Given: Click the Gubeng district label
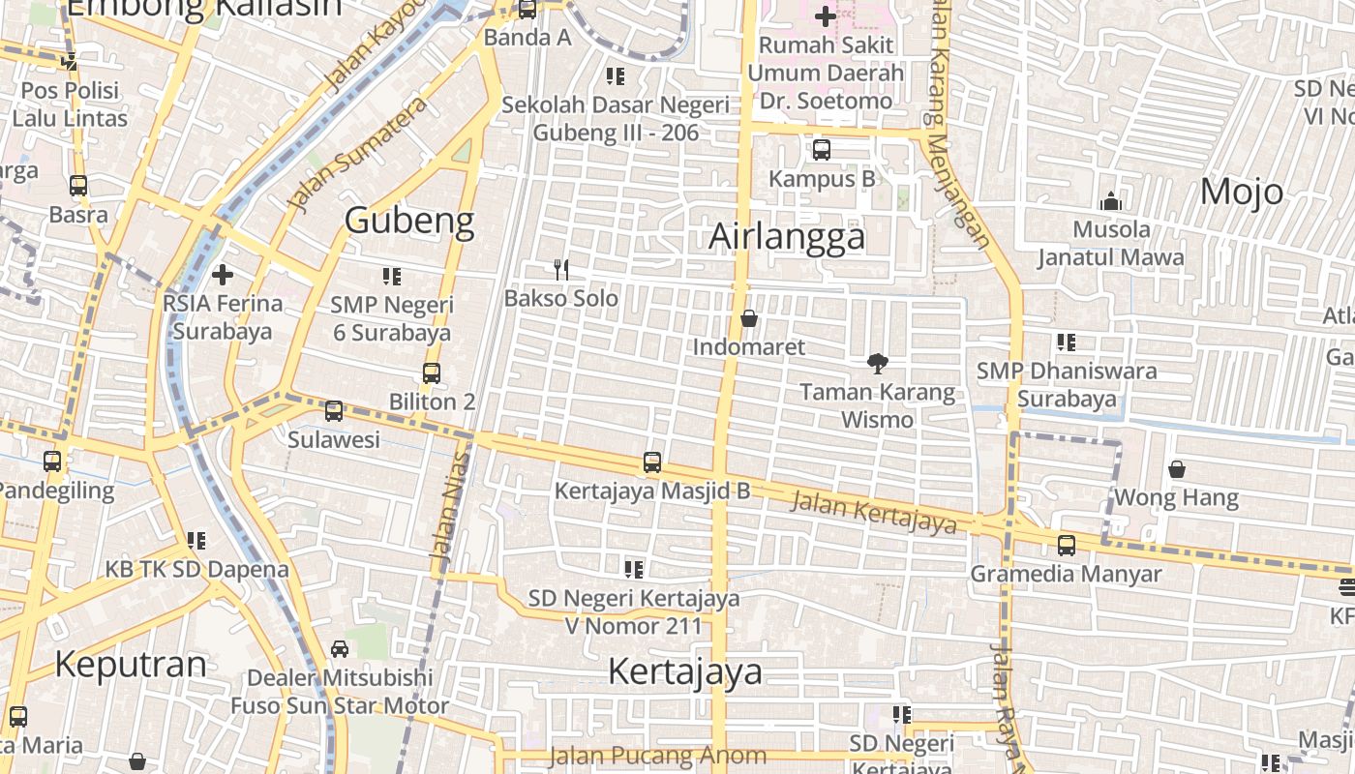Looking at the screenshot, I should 409,221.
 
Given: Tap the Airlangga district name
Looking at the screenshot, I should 787,236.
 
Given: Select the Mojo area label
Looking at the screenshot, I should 1241,192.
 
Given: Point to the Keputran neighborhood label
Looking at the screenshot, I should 131,665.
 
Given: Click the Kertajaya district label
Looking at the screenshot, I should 685,671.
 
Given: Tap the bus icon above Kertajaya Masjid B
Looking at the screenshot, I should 652,462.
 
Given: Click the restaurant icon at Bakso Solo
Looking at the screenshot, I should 560,269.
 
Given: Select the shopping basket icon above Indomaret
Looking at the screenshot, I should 748,318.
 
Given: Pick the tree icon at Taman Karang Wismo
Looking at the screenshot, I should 878,364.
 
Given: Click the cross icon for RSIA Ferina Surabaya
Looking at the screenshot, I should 223,275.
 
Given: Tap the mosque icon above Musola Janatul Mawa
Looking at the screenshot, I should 1110,201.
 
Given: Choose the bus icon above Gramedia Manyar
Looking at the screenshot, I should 1066,545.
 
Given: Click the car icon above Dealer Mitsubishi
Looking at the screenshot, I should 340,648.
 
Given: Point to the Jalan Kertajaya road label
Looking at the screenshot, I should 873,512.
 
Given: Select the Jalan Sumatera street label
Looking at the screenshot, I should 358,155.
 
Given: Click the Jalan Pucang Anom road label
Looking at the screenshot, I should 657,756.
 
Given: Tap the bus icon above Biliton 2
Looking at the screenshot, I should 432,372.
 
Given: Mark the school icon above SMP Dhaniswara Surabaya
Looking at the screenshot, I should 1066,342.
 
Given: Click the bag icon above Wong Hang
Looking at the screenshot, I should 1176,469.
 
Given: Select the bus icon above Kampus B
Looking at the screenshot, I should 821,150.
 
